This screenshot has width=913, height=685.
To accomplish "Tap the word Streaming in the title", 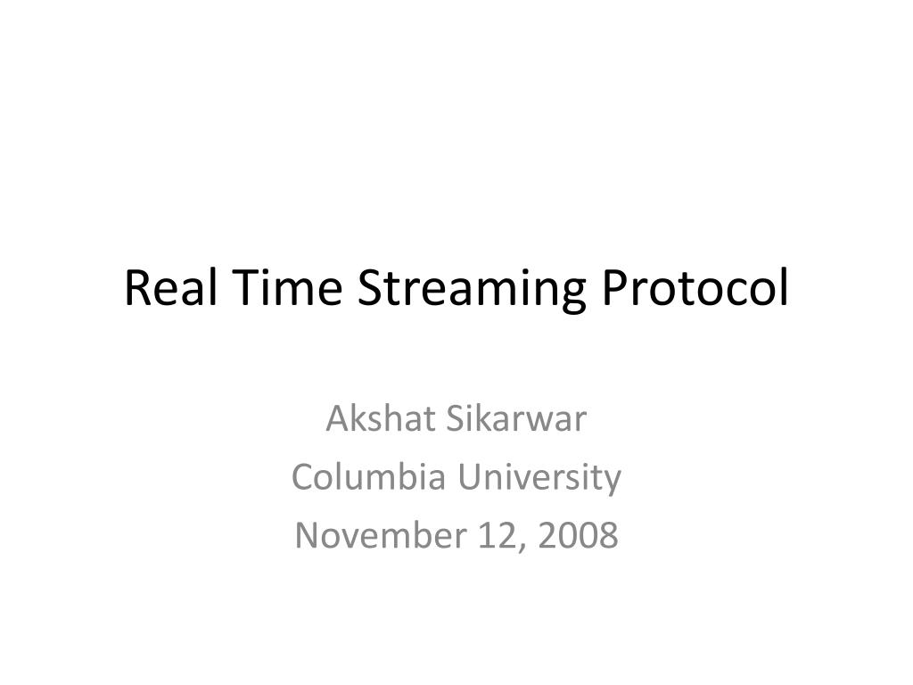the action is (471, 291).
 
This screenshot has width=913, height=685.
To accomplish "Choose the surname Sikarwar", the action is (516, 418).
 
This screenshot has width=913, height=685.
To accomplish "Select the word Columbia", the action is (368, 476).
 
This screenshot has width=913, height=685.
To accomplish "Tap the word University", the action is (539, 479).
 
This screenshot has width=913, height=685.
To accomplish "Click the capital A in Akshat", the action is (339, 418).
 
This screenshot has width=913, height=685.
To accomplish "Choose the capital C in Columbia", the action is (303, 476).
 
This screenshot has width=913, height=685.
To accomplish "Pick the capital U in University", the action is (469, 476).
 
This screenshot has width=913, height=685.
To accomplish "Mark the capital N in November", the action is (307, 535).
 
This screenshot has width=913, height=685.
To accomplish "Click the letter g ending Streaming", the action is (572, 295).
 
